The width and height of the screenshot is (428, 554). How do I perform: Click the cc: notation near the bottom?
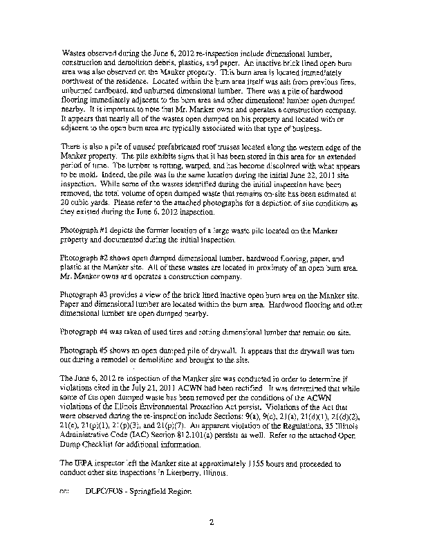click(66, 490)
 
